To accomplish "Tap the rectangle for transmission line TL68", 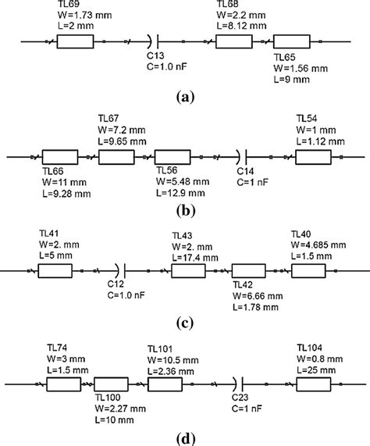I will pos(232,41).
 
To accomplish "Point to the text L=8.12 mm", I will pos(241,27).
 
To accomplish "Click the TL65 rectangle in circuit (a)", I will pos(291,41).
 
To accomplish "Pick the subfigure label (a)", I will pos(185,96).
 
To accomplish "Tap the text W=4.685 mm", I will pos(320,244).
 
